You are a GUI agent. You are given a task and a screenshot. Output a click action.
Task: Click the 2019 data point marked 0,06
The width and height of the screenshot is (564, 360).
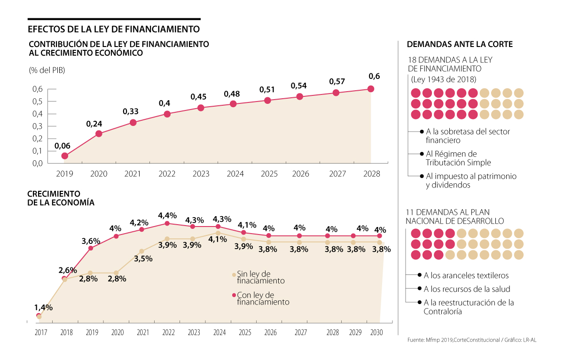pos(64,156)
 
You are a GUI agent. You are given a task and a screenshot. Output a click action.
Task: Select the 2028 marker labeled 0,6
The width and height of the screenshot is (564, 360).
pos(371,89)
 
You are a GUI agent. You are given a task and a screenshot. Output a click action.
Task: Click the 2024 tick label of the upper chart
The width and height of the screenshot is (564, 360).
pos(235,174)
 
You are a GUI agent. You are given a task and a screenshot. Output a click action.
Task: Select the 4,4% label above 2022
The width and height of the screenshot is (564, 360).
pos(167,215)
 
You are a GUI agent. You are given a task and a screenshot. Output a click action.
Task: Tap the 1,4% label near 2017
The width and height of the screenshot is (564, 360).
pos(43,307)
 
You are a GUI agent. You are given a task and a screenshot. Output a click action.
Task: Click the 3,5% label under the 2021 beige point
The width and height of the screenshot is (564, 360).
pos(142,258)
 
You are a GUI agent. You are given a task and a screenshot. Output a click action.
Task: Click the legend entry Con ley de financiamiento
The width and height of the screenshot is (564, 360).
pos(262,298)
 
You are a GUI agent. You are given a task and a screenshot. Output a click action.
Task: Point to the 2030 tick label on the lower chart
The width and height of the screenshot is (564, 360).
pos(376,332)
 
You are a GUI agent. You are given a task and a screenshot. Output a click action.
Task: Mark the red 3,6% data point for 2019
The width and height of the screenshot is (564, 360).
pos(91,248)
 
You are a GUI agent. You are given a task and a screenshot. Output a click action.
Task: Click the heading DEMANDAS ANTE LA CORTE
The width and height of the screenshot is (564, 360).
pos(459,45)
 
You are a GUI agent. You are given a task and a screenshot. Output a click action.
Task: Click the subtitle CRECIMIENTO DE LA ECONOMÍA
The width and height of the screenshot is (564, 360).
pos(61,198)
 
